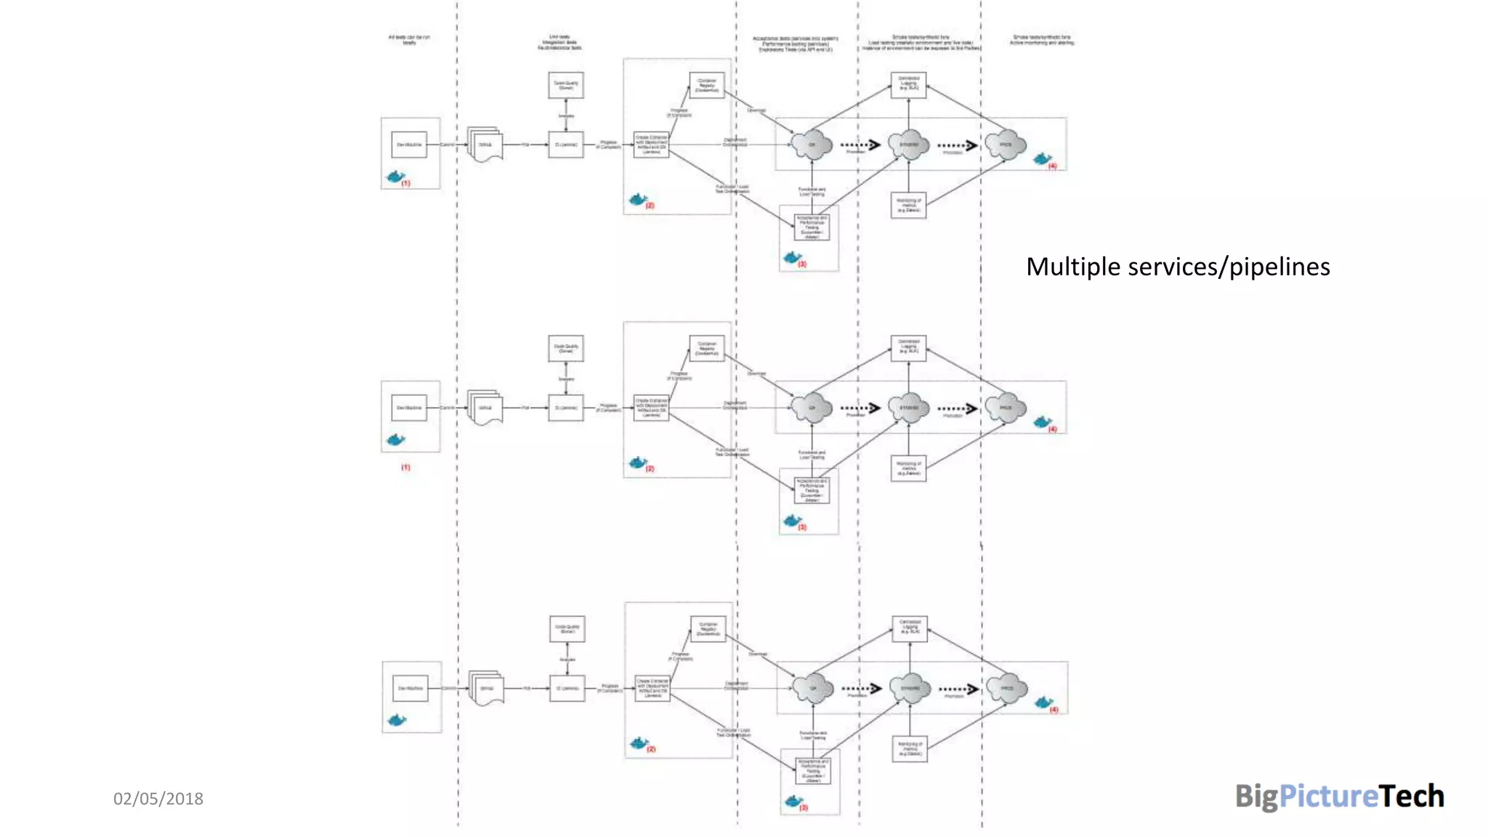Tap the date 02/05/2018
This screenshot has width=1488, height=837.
[158, 798]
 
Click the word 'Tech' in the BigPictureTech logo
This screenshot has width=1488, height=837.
[1412, 796]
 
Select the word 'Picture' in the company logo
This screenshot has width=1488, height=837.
[1328, 796]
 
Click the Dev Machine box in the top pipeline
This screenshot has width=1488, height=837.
[409, 145]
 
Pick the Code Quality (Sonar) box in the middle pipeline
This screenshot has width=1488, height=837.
[566, 348]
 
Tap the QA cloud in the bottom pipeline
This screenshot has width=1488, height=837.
[812, 688]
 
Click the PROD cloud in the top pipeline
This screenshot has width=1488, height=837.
[1006, 145]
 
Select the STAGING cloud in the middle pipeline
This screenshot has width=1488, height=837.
[909, 408]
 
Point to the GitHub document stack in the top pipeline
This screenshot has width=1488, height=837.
[485, 145]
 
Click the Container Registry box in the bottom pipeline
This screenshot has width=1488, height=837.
[708, 628]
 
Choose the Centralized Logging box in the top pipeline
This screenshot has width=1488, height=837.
[908, 84]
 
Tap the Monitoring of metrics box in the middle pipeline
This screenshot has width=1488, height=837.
[908, 469]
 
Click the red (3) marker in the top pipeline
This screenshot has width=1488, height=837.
[802, 264]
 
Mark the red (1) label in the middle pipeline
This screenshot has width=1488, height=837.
[405, 467]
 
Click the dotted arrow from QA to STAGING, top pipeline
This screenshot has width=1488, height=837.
[860, 145]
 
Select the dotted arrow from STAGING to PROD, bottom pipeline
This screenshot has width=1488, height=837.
[958, 688]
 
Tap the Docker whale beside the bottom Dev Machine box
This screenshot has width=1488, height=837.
[397, 720]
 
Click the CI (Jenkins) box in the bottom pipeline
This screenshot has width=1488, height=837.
[567, 688]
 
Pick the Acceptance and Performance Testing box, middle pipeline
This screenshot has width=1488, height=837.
[812, 490]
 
